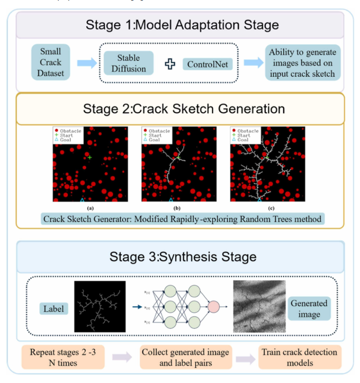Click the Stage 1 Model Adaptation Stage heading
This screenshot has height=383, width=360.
(x=179, y=24)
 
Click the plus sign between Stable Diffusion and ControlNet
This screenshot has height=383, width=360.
(x=169, y=64)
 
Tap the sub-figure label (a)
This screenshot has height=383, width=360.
(x=90, y=208)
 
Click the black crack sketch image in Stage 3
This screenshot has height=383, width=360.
(x=99, y=306)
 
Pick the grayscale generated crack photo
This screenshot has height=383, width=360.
(x=259, y=306)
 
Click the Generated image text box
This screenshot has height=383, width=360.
(x=309, y=309)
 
